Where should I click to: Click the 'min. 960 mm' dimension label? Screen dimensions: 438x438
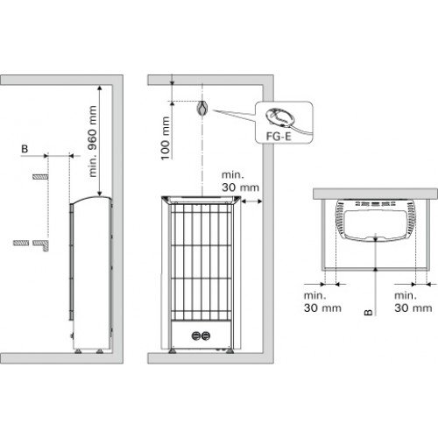(93, 141)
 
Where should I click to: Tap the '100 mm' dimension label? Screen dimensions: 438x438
(166, 138)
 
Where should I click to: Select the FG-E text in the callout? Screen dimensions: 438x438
(279, 137)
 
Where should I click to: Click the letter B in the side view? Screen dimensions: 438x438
(25, 149)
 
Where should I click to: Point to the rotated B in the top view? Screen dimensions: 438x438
(369, 312)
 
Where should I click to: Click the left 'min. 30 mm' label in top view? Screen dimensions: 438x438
(322, 301)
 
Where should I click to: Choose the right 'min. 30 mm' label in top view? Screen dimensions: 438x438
(413, 301)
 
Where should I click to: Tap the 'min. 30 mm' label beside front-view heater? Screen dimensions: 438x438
(240, 181)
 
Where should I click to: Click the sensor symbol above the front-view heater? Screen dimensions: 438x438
(202, 109)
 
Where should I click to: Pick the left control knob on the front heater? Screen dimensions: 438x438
(196, 336)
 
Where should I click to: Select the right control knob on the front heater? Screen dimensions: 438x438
(206, 336)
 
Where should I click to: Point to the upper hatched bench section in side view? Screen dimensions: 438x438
(40, 177)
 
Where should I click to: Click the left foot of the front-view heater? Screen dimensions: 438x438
(173, 350)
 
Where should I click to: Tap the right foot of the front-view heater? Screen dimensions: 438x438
(230, 350)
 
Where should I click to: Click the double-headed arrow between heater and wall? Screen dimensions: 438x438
(251, 201)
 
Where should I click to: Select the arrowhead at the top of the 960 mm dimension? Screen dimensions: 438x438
(100, 88)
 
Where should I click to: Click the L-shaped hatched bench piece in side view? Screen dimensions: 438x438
(41, 245)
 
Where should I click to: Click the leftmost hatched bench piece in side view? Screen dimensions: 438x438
(21, 243)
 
